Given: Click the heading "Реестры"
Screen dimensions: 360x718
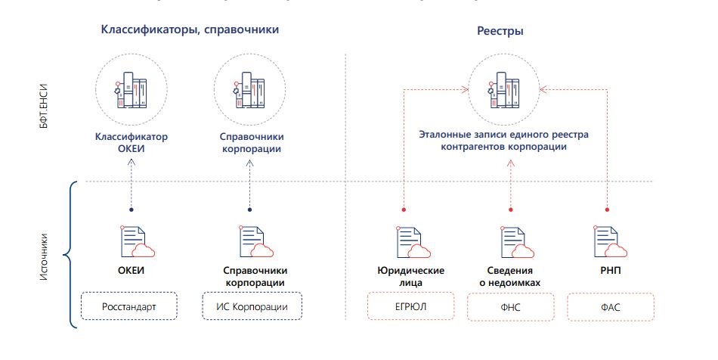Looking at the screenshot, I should [x=500, y=32].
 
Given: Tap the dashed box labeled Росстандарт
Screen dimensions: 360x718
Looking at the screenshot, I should [x=129, y=307].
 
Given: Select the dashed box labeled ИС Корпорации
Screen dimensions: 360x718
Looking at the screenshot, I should [x=252, y=307].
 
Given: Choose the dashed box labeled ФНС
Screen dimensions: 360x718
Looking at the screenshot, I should [x=512, y=308].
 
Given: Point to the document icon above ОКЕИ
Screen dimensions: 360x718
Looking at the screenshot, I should [x=134, y=243].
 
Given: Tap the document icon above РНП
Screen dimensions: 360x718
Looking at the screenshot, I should [x=609, y=243].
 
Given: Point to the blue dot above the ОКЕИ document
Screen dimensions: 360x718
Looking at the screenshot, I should [x=131, y=209].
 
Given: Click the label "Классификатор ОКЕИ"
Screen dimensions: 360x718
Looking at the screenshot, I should [x=131, y=143].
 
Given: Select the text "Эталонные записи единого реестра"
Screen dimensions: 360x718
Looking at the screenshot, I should [x=503, y=135].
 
